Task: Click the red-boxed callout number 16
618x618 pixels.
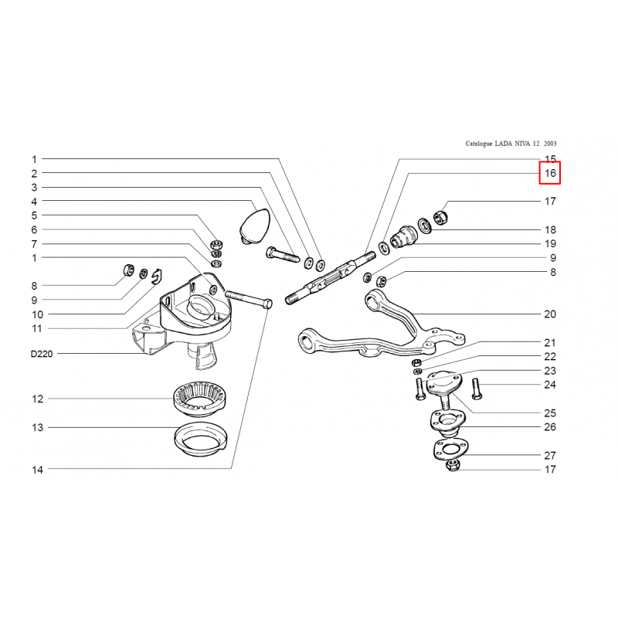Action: tap(550, 173)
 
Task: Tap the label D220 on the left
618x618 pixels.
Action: tap(42, 354)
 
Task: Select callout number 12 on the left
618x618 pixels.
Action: tap(37, 399)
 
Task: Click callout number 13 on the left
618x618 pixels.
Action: tap(37, 428)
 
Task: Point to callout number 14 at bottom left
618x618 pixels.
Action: tap(37, 470)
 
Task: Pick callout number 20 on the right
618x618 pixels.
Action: tap(550, 314)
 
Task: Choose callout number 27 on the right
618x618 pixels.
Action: tap(550, 456)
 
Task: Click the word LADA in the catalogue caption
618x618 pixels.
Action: tap(504, 144)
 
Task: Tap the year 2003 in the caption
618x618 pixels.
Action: tap(550, 144)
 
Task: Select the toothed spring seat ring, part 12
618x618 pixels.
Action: tap(200, 399)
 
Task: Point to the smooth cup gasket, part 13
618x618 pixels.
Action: tap(201, 440)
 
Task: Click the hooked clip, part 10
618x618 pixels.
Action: tap(158, 277)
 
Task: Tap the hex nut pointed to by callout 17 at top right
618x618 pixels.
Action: tap(440, 217)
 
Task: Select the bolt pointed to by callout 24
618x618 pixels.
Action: tap(476, 389)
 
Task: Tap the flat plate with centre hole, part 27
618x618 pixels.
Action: tap(450, 450)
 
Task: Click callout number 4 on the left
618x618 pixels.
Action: tap(34, 202)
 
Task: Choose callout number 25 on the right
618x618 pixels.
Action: tap(550, 413)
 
